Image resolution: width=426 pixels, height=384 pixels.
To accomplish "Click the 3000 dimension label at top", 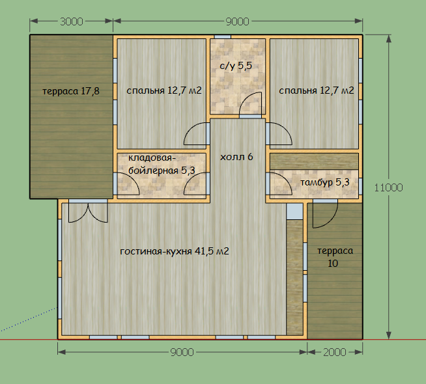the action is click(x=72, y=21).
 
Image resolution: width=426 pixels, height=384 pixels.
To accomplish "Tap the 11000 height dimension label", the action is click(x=388, y=187).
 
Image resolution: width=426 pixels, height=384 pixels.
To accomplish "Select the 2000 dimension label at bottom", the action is click(x=334, y=352).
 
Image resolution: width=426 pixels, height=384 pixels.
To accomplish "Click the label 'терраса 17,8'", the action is click(x=71, y=91).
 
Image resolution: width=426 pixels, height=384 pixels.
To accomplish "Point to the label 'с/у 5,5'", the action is click(x=236, y=66).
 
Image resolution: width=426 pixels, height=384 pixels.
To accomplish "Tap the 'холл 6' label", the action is click(x=236, y=157).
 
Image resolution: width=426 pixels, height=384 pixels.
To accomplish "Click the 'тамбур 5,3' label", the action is click(x=324, y=182).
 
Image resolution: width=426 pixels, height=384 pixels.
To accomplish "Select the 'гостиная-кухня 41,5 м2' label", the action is click(x=175, y=251).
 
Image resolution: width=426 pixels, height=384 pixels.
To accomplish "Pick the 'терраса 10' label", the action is click(x=335, y=257).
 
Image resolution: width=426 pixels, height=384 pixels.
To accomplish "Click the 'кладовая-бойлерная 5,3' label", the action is click(x=162, y=164).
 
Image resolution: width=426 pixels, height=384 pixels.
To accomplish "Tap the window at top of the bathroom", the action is click(x=223, y=36).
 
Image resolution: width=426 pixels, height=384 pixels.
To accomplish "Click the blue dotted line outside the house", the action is click(x=29, y=320).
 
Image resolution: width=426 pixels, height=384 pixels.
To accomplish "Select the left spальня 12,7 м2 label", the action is click(x=164, y=90).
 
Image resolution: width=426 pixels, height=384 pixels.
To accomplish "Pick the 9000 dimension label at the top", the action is click(x=238, y=21).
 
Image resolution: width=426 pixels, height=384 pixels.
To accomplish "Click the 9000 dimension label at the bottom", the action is click(x=182, y=352).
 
